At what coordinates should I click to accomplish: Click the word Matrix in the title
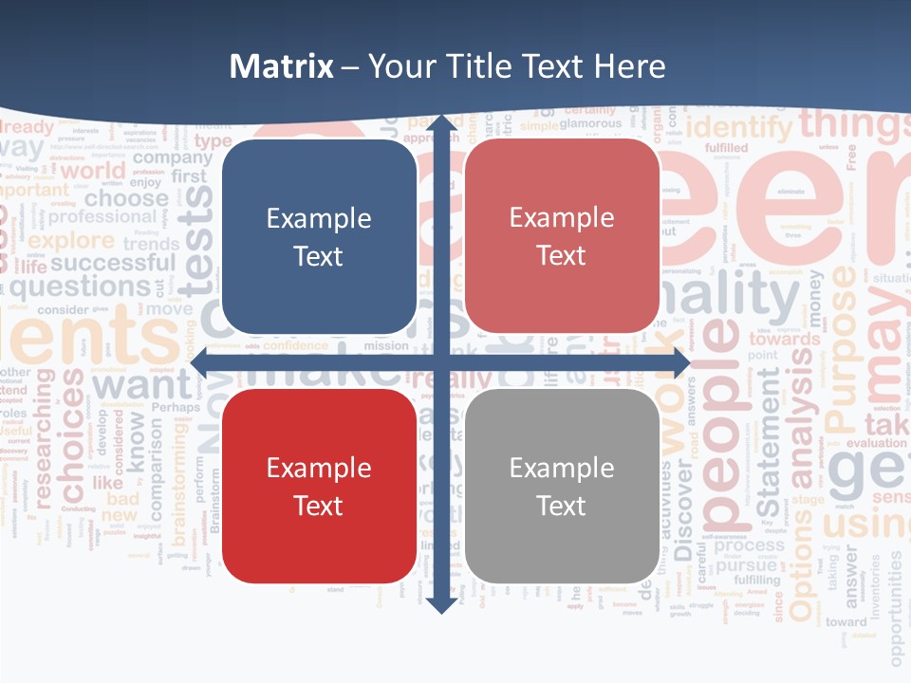click(282, 66)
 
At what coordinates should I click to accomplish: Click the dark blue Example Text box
click(319, 237)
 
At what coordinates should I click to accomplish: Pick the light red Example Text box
click(562, 236)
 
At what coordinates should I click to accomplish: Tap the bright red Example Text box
click(319, 486)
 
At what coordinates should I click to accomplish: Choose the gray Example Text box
click(562, 486)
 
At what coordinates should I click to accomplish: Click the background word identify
click(738, 126)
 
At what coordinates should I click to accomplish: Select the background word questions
click(92, 286)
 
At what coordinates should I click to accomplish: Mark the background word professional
click(102, 217)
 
